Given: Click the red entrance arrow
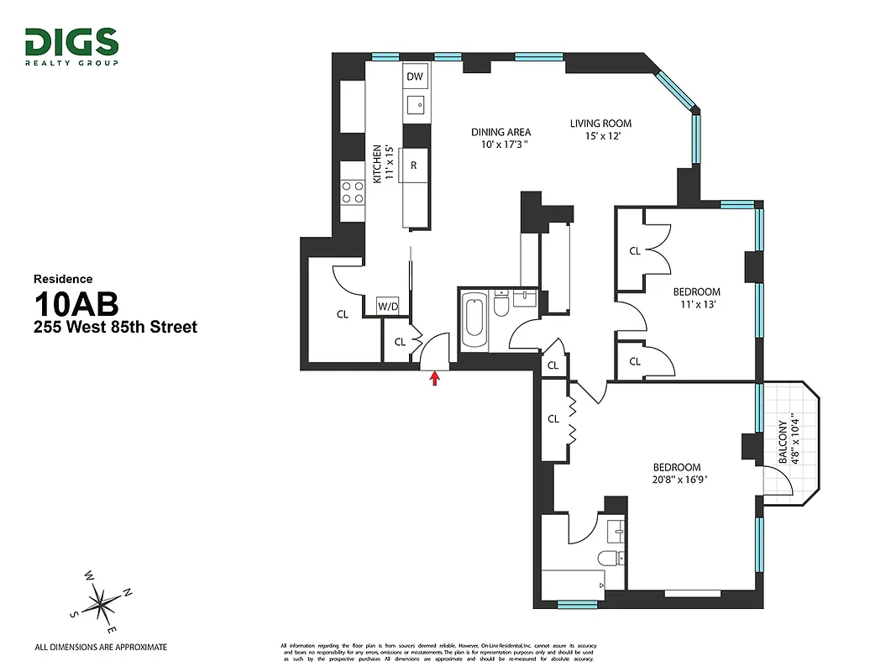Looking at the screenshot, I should pyautogui.click(x=434, y=379).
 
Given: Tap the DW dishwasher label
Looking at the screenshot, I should pyautogui.click(x=414, y=76).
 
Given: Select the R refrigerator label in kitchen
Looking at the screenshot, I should pyautogui.click(x=414, y=165).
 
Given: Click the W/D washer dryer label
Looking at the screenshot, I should pyautogui.click(x=387, y=306).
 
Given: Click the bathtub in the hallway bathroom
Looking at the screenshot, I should pyautogui.click(x=474, y=321).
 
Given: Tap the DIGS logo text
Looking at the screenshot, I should pyautogui.click(x=71, y=42).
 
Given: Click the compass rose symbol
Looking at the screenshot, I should pyautogui.click(x=101, y=601).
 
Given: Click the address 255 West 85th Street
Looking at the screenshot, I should pyautogui.click(x=115, y=327).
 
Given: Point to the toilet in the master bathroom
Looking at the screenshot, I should pyautogui.click(x=607, y=558).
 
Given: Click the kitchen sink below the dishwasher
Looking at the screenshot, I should pyautogui.click(x=415, y=105).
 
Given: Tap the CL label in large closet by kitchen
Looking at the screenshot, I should pyautogui.click(x=342, y=315).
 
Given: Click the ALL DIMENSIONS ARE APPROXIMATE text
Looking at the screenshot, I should pyautogui.click(x=100, y=647).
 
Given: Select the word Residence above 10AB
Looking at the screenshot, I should pyautogui.click(x=63, y=279).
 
